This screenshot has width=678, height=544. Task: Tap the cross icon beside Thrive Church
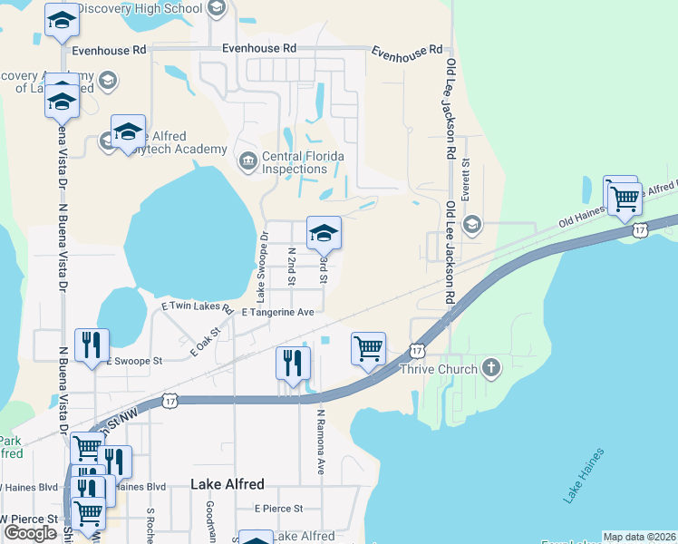point(490,368)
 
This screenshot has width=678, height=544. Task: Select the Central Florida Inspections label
point(303,162)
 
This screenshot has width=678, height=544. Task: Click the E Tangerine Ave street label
point(277,312)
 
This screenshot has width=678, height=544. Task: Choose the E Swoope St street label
point(134,361)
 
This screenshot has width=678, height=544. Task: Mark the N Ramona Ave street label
point(320,442)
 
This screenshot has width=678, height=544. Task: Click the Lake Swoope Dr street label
point(262,267)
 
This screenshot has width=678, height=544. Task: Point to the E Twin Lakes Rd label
point(191,308)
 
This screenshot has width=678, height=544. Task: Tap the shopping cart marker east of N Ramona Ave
point(368,349)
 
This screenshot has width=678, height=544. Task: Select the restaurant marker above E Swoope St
point(92,345)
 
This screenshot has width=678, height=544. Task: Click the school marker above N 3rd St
point(324,234)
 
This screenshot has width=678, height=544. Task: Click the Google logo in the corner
point(30,532)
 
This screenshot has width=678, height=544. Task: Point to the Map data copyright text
point(639,537)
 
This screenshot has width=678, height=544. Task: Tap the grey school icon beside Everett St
point(471,224)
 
